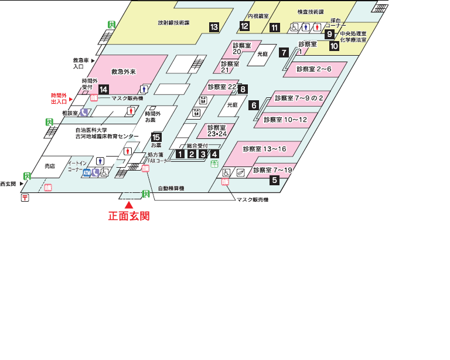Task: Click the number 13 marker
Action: [214, 28]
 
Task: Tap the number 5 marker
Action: [275, 180]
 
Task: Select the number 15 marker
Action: [156, 137]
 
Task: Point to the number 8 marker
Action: [243, 89]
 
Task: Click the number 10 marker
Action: [334, 46]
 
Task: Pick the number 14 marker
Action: [103, 90]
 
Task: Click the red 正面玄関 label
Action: [129, 216]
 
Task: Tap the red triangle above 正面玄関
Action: [129, 205]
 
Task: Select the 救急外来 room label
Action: [124, 72]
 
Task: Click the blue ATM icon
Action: [87, 173]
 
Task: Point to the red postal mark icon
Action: [25, 198]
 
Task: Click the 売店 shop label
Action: [50, 166]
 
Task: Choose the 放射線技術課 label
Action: [173, 23]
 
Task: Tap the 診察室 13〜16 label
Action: [265, 149]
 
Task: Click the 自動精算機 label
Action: [171, 189]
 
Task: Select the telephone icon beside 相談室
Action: [84, 112]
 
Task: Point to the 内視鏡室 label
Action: [258, 16]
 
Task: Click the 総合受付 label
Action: [197, 146]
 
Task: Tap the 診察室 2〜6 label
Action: [314, 69]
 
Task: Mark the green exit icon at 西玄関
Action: [27, 176]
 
